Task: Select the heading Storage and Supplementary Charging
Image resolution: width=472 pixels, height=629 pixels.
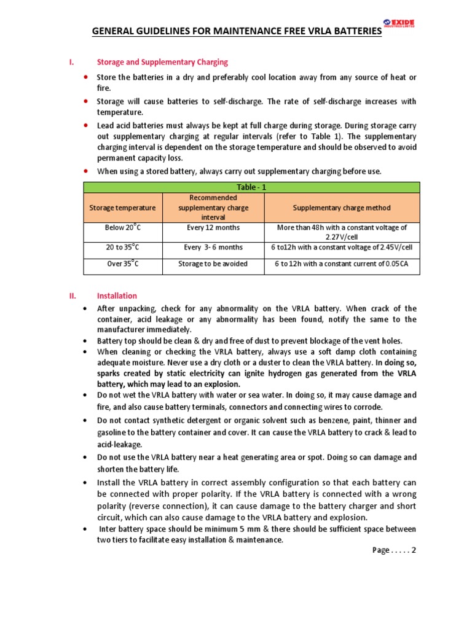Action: (x=162, y=62)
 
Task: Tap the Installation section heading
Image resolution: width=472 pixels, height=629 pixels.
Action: (x=117, y=295)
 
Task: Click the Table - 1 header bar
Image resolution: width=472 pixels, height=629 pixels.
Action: (x=251, y=187)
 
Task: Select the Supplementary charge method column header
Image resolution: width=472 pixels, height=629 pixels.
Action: (x=342, y=208)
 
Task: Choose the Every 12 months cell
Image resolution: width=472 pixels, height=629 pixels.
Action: (x=213, y=227)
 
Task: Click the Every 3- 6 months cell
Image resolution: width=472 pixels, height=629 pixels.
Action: (x=213, y=247)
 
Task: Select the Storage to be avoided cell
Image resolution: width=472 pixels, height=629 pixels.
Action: (x=213, y=264)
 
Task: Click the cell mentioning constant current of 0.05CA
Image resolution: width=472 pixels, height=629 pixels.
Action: (x=342, y=264)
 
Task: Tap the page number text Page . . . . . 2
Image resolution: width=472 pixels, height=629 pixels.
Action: (x=394, y=550)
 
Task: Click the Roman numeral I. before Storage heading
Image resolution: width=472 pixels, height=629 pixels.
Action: (x=71, y=62)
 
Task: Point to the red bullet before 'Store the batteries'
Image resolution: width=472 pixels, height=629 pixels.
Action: (x=85, y=77)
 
